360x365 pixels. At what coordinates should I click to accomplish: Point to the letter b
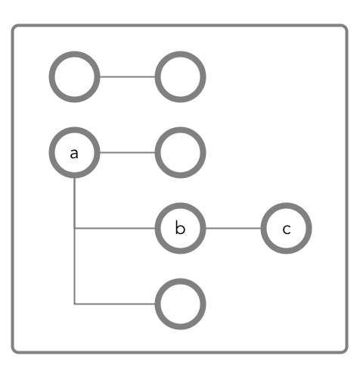[x=180, y=228]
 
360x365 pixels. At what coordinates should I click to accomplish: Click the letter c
[x=287, y=229]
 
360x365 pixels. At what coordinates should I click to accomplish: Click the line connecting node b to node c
[x=233, y=229]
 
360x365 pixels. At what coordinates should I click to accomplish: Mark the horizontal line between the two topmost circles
[x=127, y=76]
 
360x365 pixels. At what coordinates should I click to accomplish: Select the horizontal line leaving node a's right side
[x=127, y=152]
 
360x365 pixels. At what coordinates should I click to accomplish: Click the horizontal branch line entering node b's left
[x=115, y=229]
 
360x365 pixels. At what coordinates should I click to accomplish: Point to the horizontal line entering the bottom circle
[x=115, y=304]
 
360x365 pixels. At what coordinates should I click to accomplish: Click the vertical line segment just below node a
[x=74, y=203]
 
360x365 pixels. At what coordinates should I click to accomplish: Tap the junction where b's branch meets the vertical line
[x=74, y=229]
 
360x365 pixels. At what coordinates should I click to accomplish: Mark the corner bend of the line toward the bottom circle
[x=74, y=304]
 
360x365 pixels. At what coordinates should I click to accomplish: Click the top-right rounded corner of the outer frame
[x=346, y=27]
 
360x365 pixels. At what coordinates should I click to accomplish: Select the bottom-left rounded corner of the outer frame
[x=14, y=351]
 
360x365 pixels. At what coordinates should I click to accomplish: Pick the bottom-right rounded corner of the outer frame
[x=346, y=351]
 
